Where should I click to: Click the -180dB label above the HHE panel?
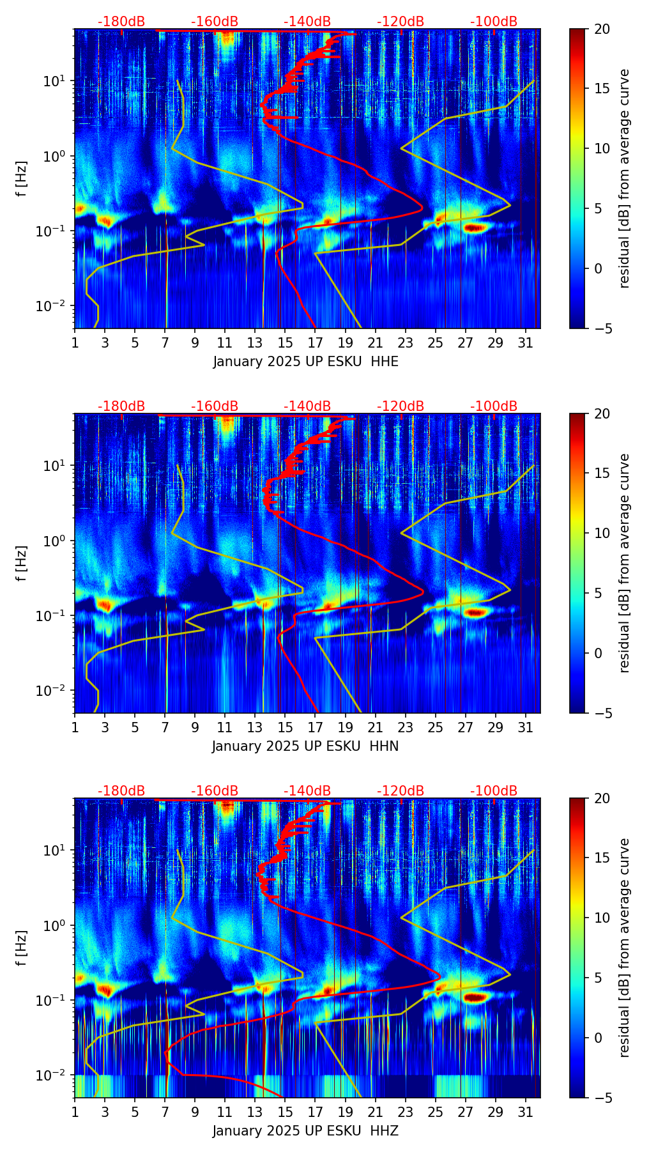pos(121,22)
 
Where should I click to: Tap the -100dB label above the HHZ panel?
pos(494,791)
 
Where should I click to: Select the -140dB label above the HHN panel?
pos(307,406)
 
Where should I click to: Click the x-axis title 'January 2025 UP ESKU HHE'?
pos(305,362)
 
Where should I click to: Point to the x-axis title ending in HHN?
pos(305,746)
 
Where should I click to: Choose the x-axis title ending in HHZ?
pos(305,1131)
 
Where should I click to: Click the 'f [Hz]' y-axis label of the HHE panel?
pos(22,180)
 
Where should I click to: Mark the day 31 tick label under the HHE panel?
pos(526,342)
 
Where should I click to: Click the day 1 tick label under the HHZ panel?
pos(75,1112)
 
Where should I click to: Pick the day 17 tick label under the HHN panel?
pos(315,727)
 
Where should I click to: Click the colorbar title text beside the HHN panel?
pos(625,562)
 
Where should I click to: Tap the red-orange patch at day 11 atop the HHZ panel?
pos(227,806)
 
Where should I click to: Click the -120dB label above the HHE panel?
pos(401,22)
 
